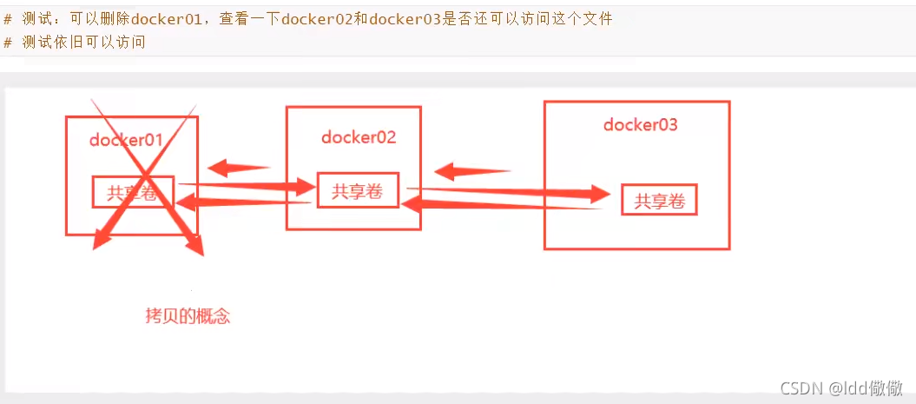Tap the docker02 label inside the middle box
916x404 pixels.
pyautogui.click(x=359, y=136)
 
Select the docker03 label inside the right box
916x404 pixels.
pyautogui.click(x=640, y=124)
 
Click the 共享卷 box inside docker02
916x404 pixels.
pyautogui.click(x=358, y=191)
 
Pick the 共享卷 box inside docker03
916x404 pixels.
pyautogui.click(x=660, y=201)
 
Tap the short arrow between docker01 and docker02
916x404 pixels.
pyautogui.click(x=237, y=168)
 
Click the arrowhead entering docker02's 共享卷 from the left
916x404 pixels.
pyautogui.click(x=304, y=187)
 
